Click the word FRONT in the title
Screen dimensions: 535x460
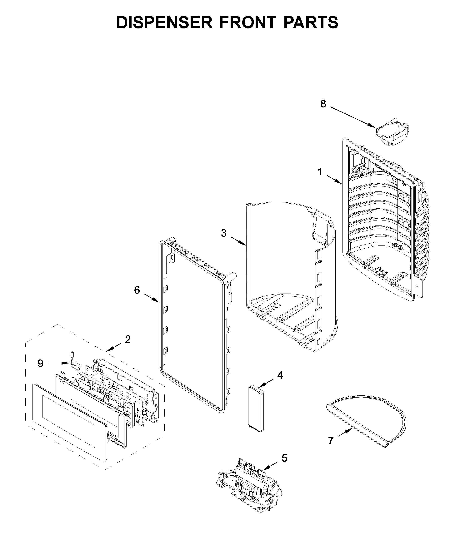(x=248, y=22)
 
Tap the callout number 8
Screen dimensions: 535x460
(x=323, y=104)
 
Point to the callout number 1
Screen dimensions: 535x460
(x=320, y=172)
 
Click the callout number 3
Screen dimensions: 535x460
(x=224, y=233)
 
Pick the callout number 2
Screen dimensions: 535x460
(x=128, y=339)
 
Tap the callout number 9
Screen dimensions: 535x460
(x=40, y=363)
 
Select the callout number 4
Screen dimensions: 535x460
(x=280, y=375)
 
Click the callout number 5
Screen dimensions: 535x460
(x=284, y=458)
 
